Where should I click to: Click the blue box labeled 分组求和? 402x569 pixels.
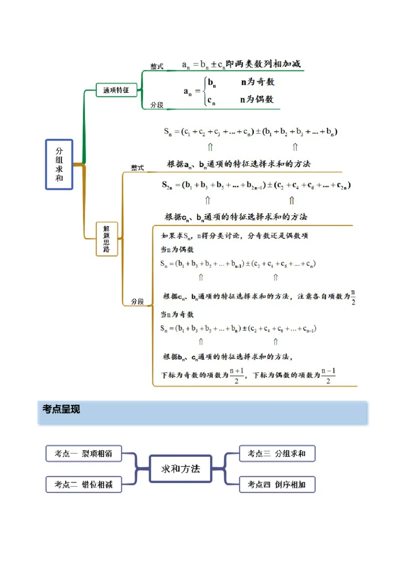pos(59,164)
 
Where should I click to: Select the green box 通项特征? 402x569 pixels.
pos(116,90)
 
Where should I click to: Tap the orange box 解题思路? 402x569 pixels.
pos(107,239)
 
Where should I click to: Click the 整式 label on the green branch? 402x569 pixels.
pos(157,67)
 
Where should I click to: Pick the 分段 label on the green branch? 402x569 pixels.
pos(157,105)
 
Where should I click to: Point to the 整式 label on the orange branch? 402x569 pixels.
pos(138,168)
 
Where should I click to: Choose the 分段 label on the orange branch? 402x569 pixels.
pos(138,302)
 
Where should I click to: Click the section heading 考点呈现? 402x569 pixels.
pos(61,410)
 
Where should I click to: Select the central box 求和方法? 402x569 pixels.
pos(180,468)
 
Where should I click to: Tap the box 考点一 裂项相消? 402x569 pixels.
pos(83,453)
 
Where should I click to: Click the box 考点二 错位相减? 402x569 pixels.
pos(83,485)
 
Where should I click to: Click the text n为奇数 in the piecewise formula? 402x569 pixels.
pos(258,82)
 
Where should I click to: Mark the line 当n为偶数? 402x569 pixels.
pos(177,249)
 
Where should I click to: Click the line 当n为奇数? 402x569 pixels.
pos(177,315)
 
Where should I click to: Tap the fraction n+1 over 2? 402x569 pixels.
pos(237,375)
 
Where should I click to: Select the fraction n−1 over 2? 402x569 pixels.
pos(328,375)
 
